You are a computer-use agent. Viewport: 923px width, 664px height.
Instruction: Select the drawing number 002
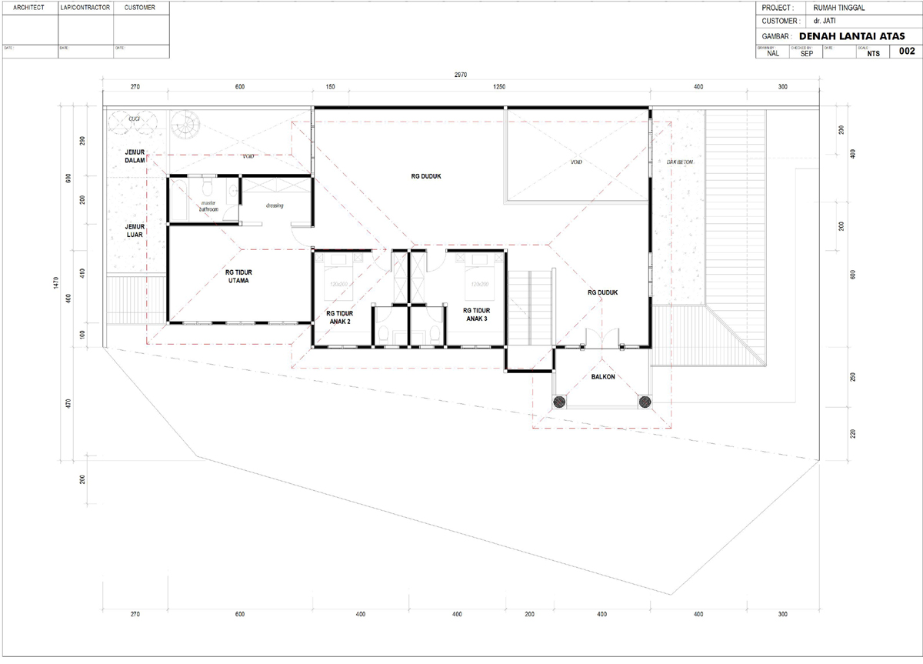click(x=906, y=52)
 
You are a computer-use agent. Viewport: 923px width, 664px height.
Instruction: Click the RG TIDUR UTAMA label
click(x=239, y=276)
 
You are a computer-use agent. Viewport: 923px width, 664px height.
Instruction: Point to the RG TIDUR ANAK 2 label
click(x=339, y=318)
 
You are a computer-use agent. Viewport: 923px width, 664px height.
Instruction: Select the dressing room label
click(x=275, y=205)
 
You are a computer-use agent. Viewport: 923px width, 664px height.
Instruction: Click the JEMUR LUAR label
click(x=135, y=230)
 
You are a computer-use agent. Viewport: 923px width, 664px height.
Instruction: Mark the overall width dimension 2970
click(x=461, y=75)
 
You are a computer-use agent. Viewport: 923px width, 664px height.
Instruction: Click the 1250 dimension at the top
click(x=499, y=88)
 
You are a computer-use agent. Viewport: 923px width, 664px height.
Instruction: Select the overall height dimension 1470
click(x=56, y=283)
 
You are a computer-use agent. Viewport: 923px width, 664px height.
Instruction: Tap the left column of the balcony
click(x=558, y=401)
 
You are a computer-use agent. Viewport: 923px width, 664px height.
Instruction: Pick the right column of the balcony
click(x=644, y=401)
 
